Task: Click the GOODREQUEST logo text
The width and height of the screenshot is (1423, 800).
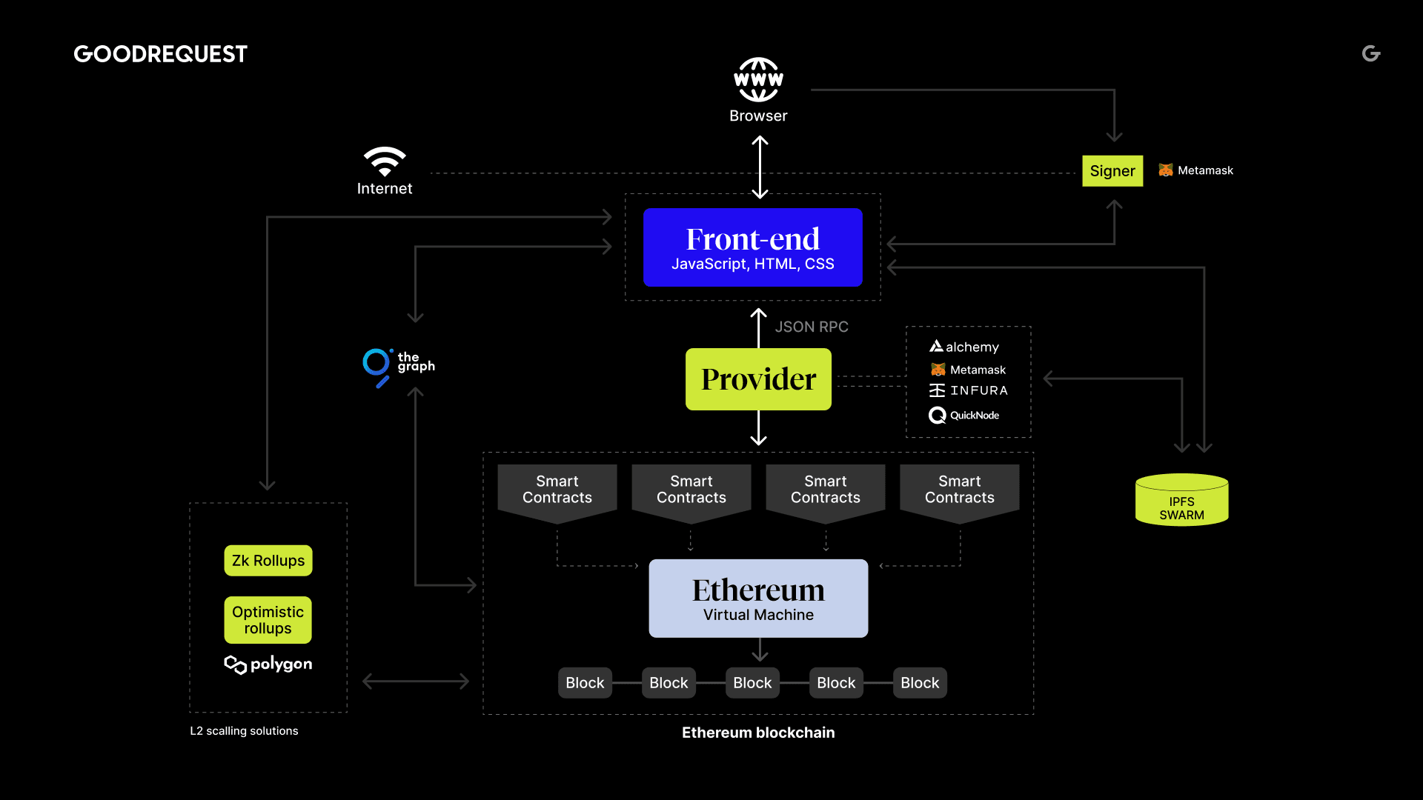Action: pos(160,54)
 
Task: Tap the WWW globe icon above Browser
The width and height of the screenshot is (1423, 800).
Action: pos(758,79)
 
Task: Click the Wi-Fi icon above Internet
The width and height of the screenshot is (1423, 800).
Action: pos(384,161)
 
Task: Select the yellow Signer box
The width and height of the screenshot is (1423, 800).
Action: pos(1112,171)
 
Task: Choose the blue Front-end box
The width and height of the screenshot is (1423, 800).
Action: pos(752,247)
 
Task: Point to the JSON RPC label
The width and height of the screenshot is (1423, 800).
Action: pos(812,327)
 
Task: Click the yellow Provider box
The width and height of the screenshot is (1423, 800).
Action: pos(758,379)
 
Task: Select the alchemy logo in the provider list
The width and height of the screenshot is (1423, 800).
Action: pos(964,347)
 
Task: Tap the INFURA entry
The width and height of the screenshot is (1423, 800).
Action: pos(969,390)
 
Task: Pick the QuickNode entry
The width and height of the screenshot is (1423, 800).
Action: pos(964,416)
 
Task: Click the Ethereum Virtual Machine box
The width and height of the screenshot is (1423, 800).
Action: pos(758,599)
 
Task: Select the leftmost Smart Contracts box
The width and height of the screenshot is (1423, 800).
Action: pos(557,490)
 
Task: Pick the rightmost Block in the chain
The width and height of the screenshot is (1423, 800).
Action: pos(919,683)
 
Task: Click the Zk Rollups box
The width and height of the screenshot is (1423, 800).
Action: pos(268,561)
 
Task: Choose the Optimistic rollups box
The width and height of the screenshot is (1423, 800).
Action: pos(268,620)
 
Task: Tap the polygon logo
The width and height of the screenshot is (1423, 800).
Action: pos(268,664)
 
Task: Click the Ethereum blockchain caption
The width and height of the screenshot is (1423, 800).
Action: pos(758,733)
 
